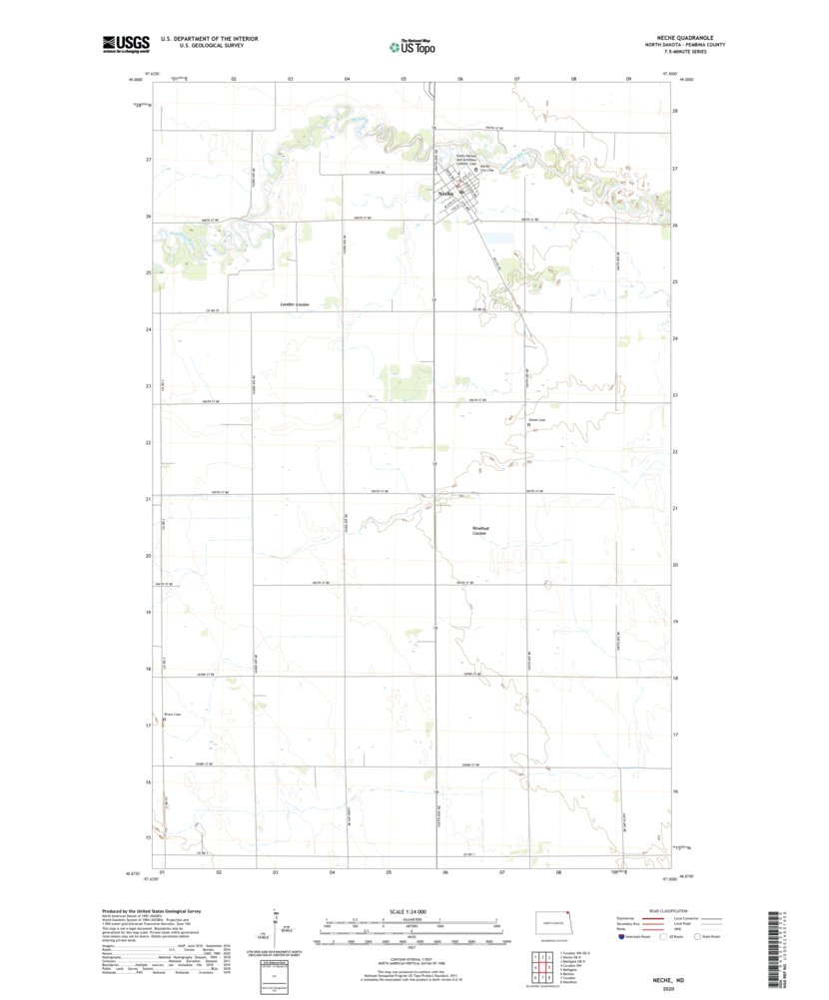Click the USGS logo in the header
tap(125, 43)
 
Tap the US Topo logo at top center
tap(411, 45)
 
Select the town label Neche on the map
tap(446, 192)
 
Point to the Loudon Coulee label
tap(294, 304)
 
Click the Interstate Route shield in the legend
tap(625, 936)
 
